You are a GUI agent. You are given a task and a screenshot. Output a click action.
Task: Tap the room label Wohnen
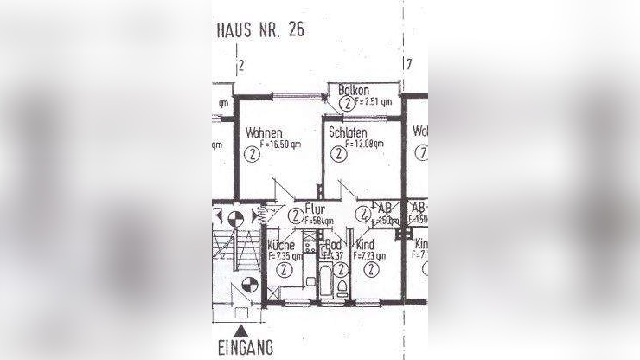point(263,134)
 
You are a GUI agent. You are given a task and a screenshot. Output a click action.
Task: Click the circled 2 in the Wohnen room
point(251,156)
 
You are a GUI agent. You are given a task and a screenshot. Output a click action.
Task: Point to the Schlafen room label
point(348,132)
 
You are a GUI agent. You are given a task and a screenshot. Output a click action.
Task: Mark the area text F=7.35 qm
point(285,256)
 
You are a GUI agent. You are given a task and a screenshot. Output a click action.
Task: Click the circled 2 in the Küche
point(282,270)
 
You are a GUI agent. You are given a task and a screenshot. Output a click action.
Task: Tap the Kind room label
point(366,246)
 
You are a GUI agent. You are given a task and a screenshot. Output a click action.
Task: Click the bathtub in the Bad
point(327,282)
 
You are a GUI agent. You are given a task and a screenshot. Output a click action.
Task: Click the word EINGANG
point(246,348)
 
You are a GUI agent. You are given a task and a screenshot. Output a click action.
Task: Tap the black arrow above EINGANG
point(246,331)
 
